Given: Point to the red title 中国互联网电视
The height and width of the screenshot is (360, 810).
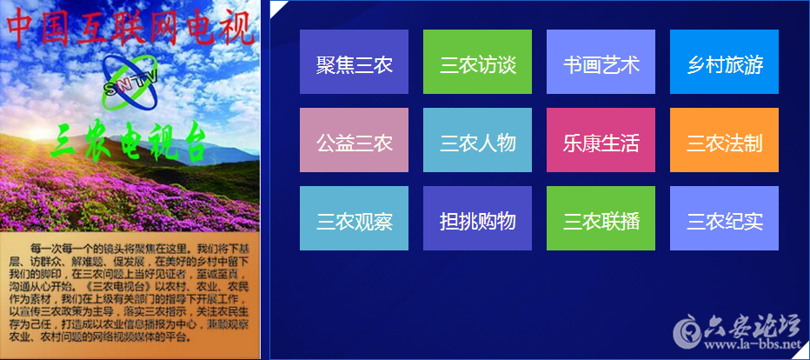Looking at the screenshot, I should tap(130, 27).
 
